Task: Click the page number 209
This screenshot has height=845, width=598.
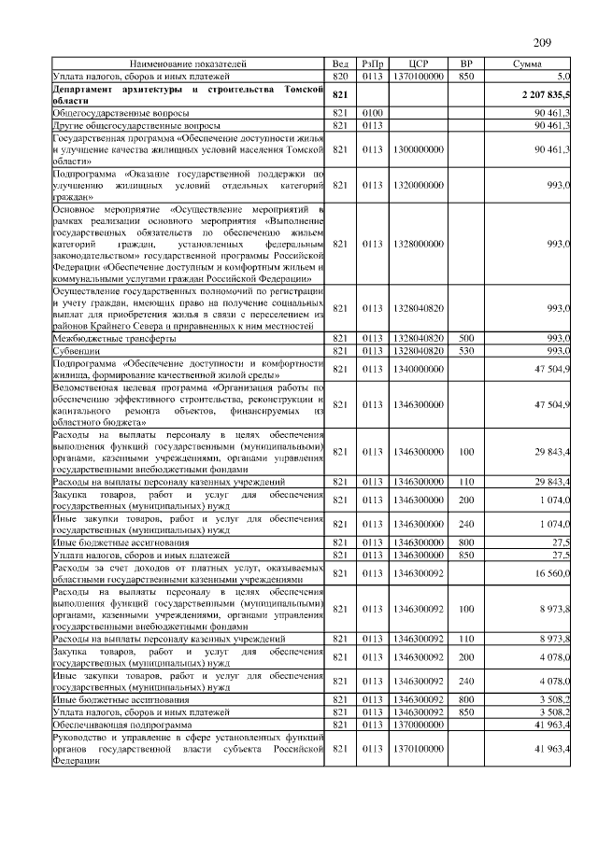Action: pos(543,43)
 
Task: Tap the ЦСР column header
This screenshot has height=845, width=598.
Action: pos(418,63)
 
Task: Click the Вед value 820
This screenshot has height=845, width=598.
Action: pos(340,75)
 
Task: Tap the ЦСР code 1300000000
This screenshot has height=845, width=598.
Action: pos(418,148)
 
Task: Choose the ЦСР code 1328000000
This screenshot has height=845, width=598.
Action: pos(418,243)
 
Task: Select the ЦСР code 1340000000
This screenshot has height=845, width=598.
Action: pos(418,368)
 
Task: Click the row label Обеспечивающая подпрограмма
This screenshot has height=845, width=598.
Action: pos(121,724)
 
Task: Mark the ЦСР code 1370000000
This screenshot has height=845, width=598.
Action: pos(418,724)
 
